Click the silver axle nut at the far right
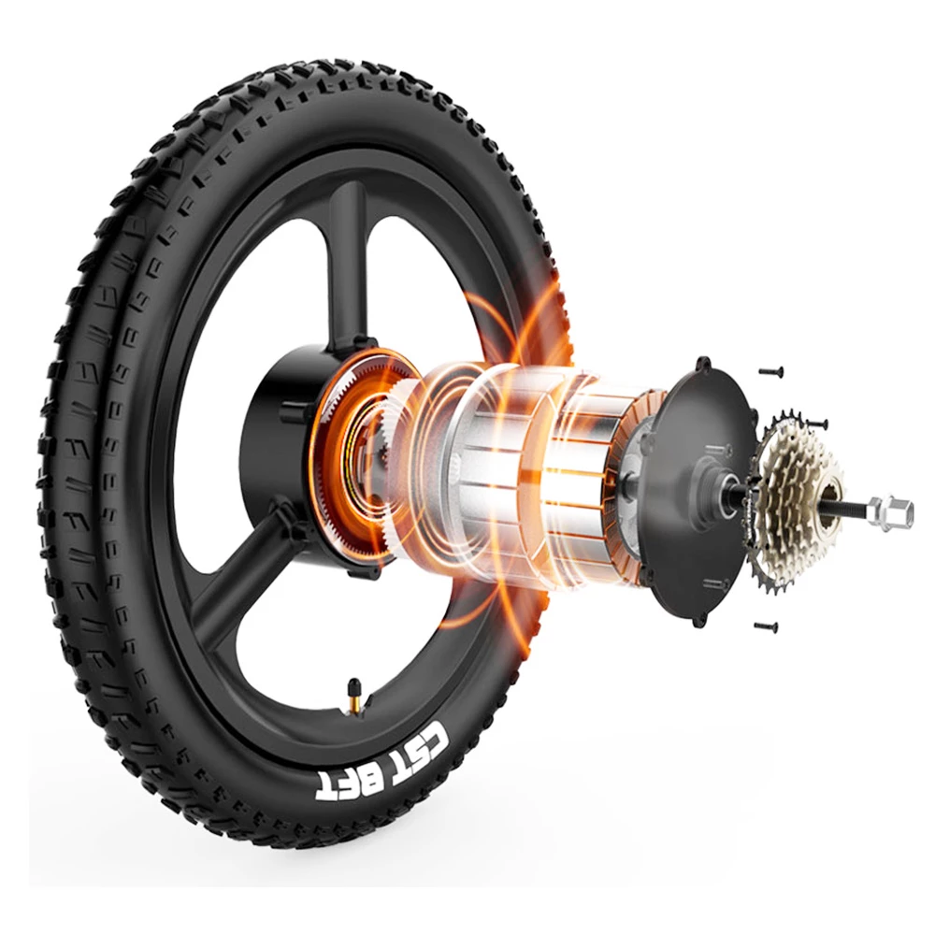coord(891,511)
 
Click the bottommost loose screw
coord(766,626)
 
